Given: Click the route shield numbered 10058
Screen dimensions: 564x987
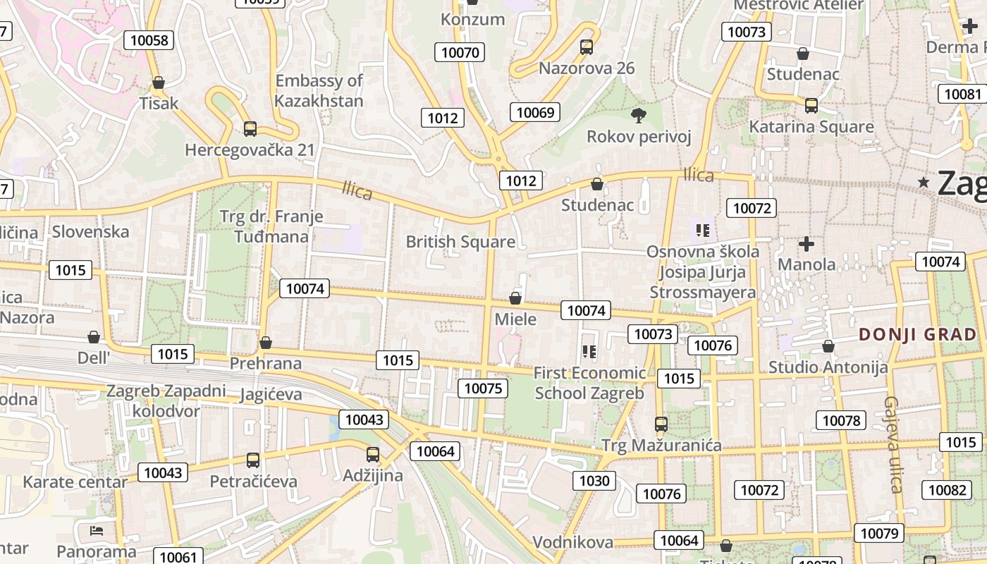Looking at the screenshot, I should (x=150, y=40).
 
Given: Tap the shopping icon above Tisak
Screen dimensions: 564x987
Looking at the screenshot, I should (x=159, y=82).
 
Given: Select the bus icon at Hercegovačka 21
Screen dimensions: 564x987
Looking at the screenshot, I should (x=250, y=129).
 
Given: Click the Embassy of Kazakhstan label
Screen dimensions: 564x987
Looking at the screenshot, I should (x=319, y=90).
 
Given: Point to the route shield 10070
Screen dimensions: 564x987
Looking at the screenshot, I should (x=460, y=51).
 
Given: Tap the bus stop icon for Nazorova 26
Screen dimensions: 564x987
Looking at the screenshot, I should (x=587, y=47).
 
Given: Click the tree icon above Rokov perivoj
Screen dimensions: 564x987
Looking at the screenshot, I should (x=639, y=115).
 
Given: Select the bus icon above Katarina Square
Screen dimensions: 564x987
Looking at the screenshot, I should (x=811, y=106).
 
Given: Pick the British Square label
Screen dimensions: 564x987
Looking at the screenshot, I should (x=460, y=242).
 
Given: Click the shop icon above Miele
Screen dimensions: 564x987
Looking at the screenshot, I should (x=515, y=298).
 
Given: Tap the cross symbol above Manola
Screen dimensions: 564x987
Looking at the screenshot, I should (x=807, y=244).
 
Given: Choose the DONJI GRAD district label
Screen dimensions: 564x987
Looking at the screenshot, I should (x=918, y=334).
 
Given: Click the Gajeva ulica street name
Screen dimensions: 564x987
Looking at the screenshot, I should (x=893, y=444).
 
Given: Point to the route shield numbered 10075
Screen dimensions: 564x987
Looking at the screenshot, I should (x=483, y=388).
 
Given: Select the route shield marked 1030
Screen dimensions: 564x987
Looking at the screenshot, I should (x=594, y=481).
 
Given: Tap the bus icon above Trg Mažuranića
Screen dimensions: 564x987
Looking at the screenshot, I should (x=661, y=424).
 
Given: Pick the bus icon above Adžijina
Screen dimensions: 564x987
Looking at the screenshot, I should (x=373, y=455).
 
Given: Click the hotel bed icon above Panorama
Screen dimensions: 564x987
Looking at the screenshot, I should (x=97, y=531).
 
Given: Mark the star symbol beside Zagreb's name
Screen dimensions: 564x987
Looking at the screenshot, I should (x=924, y=183).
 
